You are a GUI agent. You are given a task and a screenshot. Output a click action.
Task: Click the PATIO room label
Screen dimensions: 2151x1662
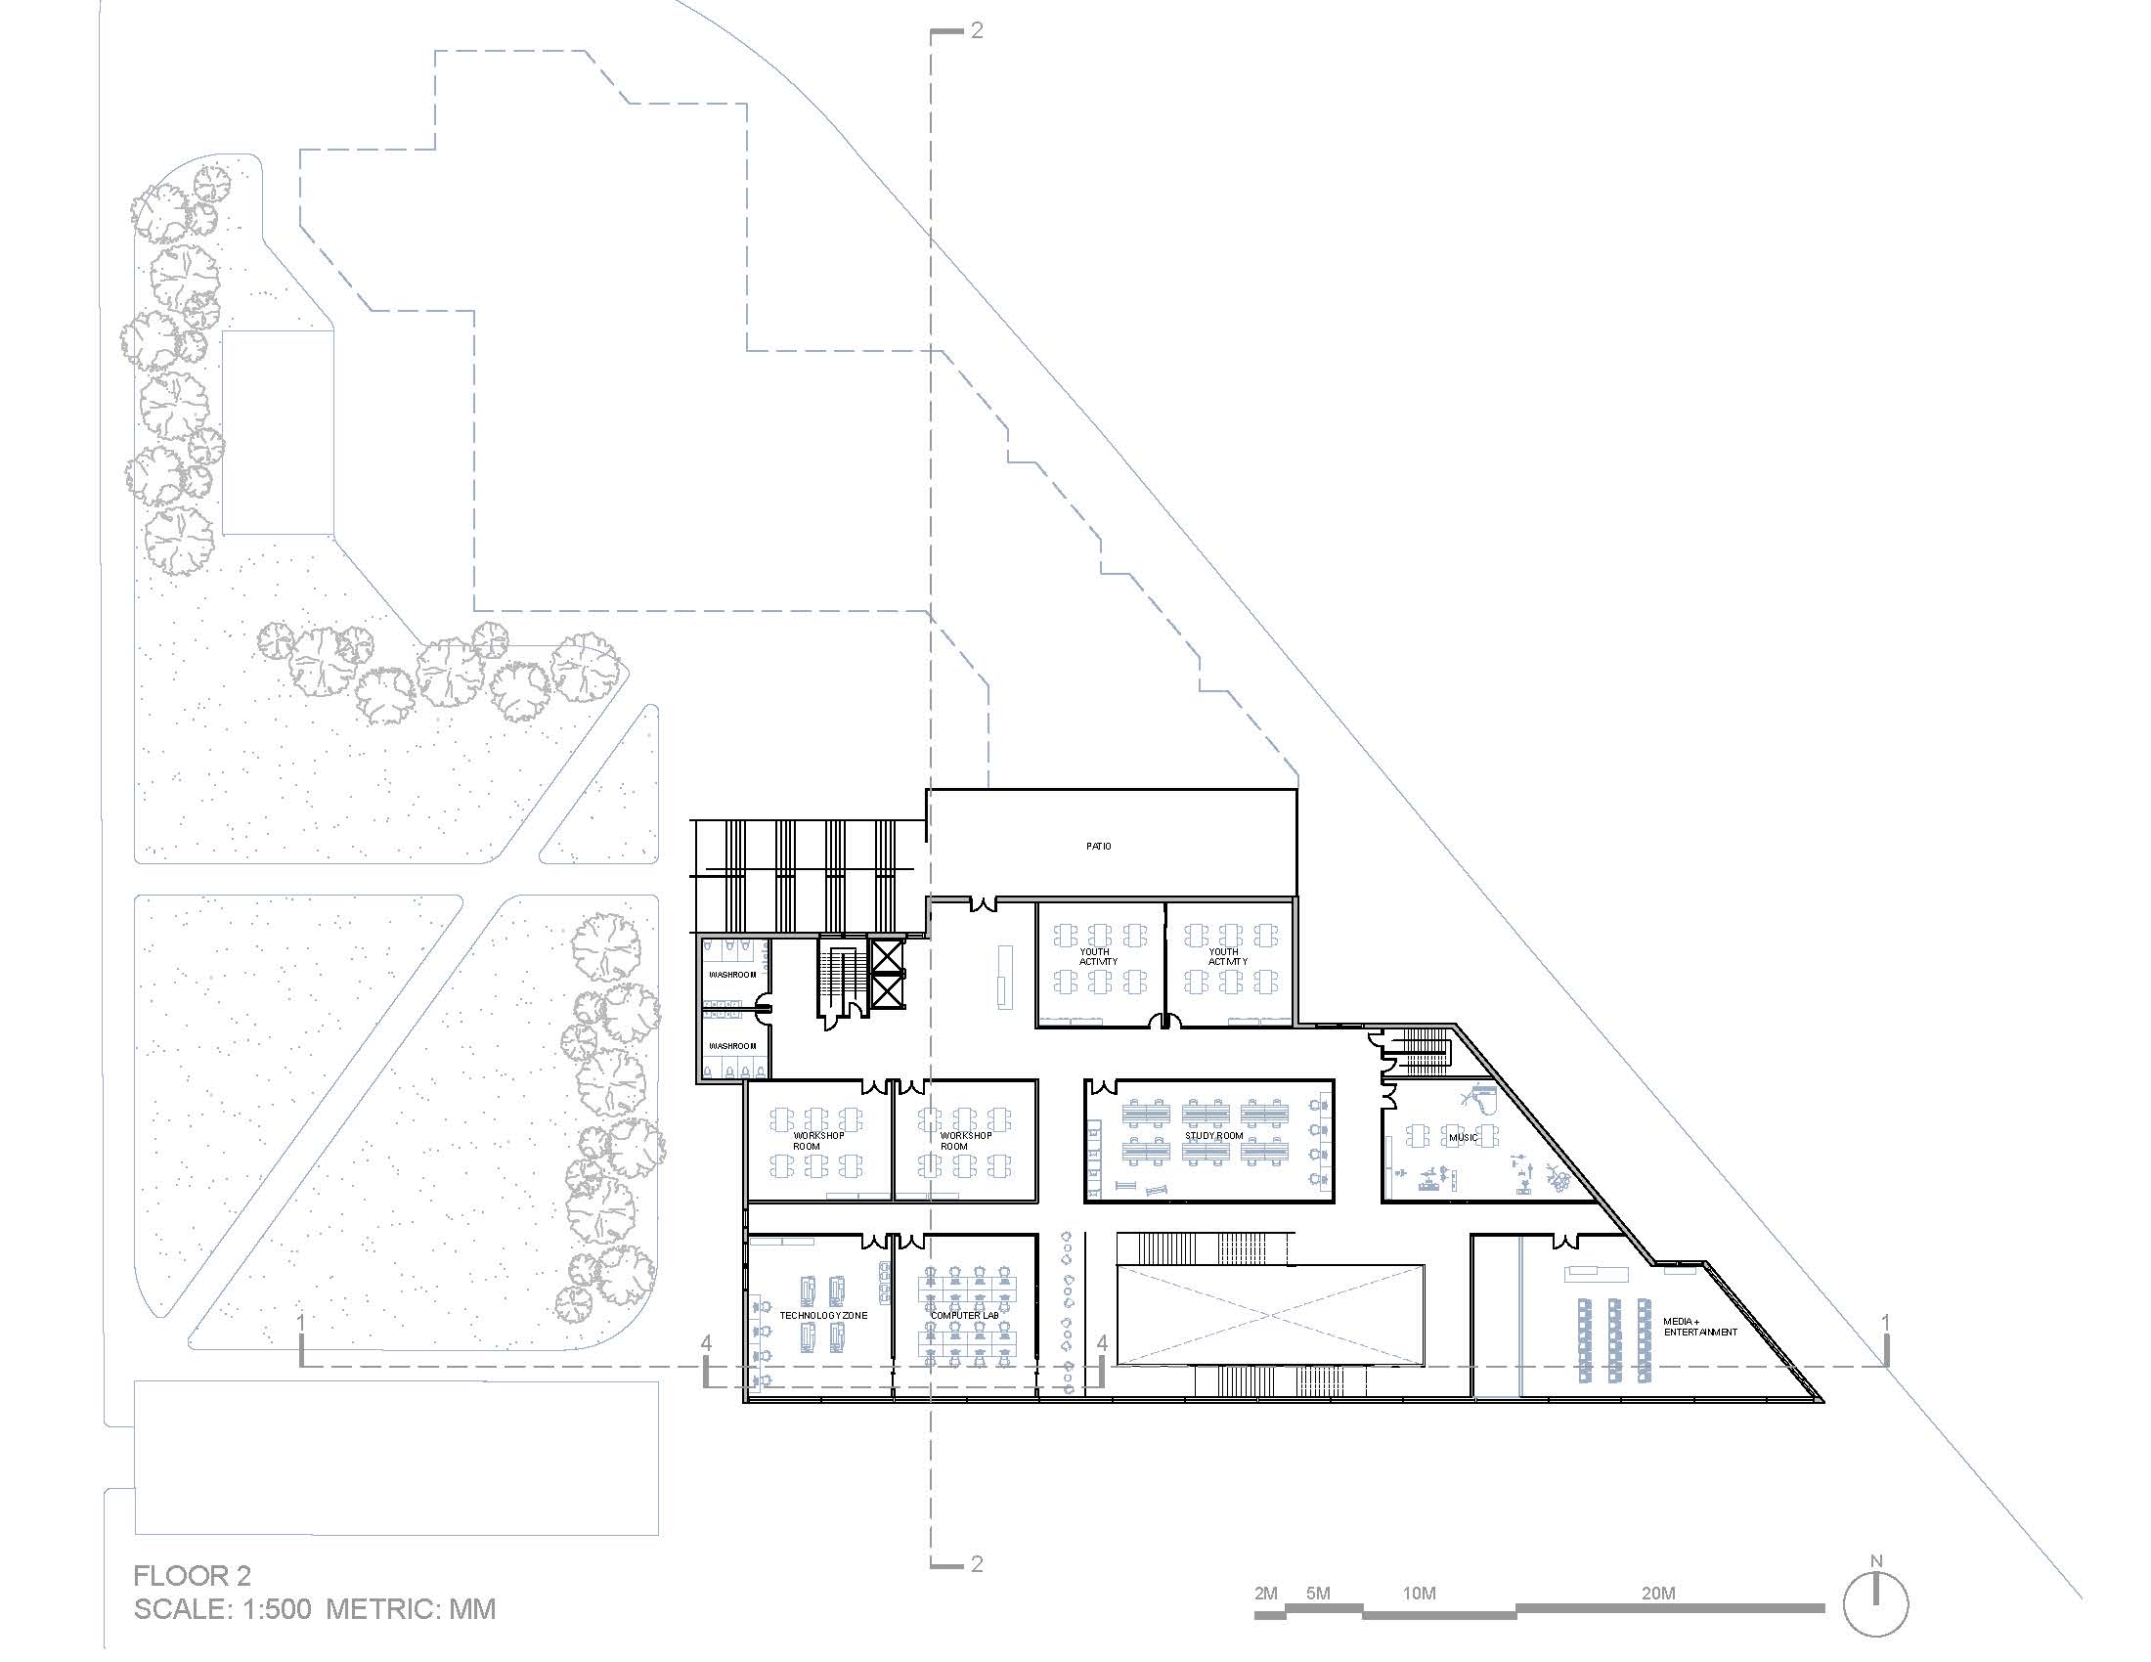1098,846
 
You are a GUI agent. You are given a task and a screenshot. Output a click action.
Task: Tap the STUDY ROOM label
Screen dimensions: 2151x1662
1213,1135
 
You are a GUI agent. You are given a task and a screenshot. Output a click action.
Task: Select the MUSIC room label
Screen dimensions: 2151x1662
1463,1137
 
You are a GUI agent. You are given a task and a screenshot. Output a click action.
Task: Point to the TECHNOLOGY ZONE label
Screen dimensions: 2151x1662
823,1314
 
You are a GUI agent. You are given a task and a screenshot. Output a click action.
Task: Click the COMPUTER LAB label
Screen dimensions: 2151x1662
964,1314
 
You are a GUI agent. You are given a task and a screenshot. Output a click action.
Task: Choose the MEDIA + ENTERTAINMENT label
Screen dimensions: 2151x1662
1700,1327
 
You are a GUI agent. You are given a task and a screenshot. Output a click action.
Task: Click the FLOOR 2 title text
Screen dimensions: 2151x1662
192,1575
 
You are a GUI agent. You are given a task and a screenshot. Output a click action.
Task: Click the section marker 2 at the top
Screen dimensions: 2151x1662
976,30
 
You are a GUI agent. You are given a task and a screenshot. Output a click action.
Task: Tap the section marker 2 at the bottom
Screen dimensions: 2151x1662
976,1563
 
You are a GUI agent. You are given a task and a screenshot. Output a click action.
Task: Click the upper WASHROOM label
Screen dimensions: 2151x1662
732,974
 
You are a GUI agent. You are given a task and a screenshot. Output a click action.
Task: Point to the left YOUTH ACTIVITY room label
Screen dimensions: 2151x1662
1097,956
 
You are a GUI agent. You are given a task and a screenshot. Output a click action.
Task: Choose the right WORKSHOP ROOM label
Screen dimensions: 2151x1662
965,1140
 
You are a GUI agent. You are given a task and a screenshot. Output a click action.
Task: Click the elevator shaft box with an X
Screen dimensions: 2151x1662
888,972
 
